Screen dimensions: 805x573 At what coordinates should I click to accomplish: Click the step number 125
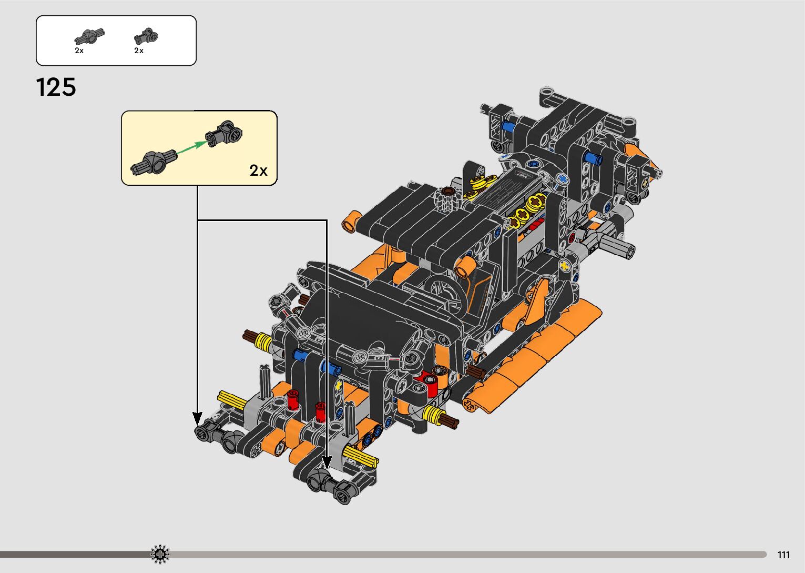pos(56,87)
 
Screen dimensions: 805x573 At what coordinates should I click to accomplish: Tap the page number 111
pos(783,555)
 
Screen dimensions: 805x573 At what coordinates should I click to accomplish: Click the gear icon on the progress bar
pos(160,554)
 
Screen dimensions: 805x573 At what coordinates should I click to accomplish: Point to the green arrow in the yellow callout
pos(191,148)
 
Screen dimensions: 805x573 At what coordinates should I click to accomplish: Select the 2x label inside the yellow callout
pos(258,170)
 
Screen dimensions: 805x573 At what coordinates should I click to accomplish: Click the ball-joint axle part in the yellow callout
pos(154,163)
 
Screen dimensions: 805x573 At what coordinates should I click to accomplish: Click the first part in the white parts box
pos(89,36)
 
